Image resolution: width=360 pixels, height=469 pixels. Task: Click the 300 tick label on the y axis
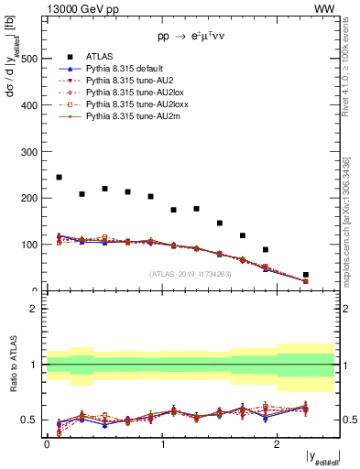[31, 152]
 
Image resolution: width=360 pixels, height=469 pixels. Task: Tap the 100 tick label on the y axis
[31, 245]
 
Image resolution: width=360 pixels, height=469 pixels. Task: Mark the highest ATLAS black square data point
[59, 177]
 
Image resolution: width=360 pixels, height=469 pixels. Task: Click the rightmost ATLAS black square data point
[306, 275]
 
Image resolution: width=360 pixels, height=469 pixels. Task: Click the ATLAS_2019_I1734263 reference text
[191, 273]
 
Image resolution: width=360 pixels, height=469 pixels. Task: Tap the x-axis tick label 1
[161, 444]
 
